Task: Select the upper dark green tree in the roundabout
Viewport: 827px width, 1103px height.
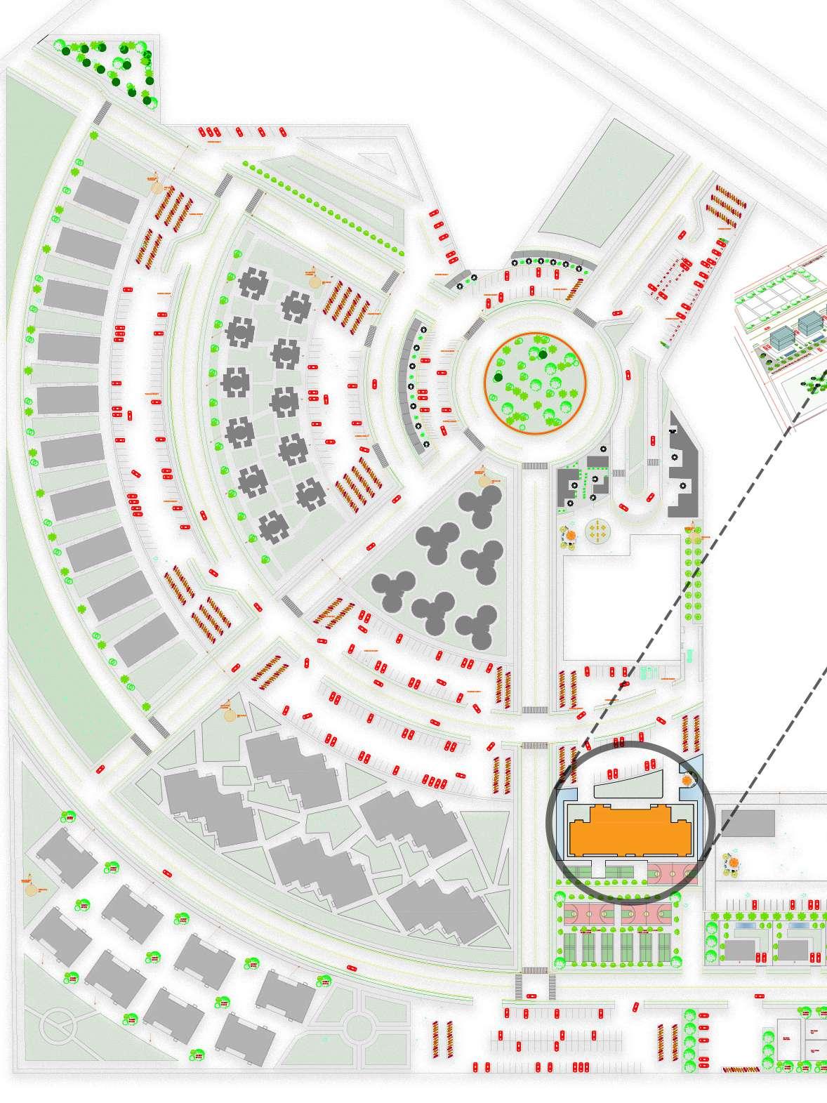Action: click(543, 354)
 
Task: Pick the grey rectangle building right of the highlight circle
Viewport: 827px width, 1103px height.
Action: click(747, 823)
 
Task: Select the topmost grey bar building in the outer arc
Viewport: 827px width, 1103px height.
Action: click(106, 199)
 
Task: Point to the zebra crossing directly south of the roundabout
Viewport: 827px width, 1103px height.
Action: click(535, 465)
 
